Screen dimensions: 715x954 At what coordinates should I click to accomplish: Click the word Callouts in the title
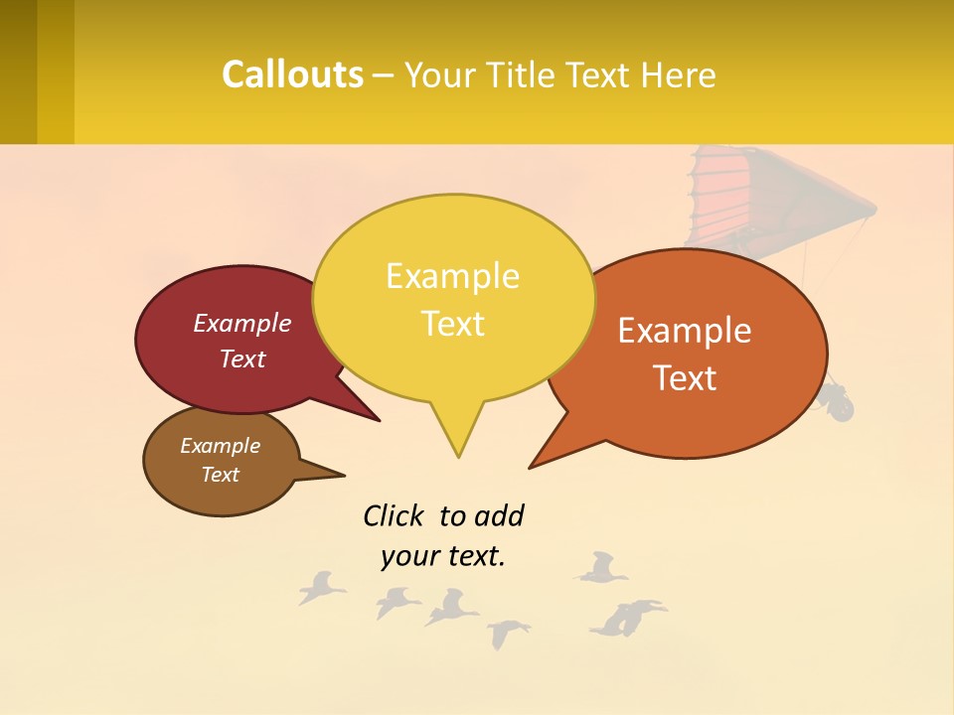[292, 74]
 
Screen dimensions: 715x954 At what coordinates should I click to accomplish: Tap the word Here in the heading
[680, 75]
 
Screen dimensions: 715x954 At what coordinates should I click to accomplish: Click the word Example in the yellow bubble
[452, 276]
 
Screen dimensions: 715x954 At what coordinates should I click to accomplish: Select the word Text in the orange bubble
[685, 377]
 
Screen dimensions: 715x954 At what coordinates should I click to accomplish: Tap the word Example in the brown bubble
[220, 446]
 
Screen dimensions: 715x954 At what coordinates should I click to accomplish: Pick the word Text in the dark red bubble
[242, 358]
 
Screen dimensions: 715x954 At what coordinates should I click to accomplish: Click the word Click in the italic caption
[396, 515]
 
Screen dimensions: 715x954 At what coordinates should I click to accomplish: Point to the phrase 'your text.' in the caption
[442, 556]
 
